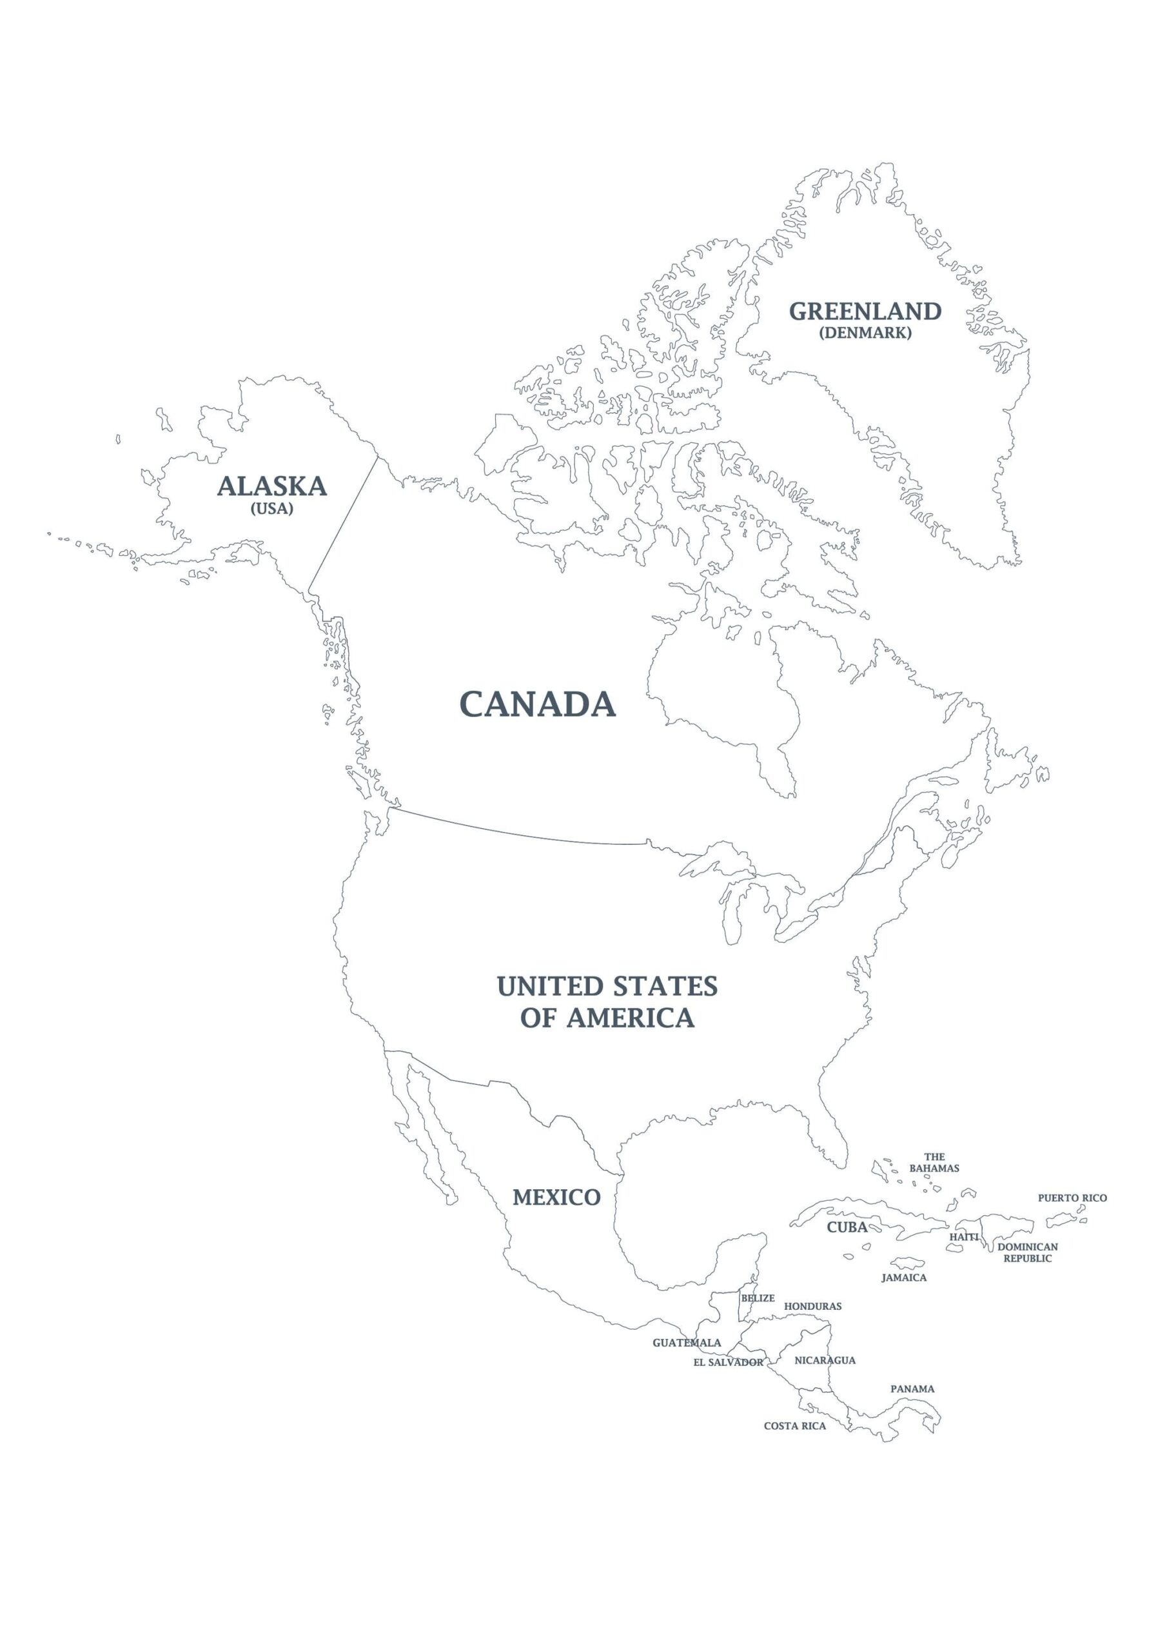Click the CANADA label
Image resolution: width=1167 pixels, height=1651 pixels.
coord(537,704)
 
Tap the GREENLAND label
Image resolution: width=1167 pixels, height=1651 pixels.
coord(865,311)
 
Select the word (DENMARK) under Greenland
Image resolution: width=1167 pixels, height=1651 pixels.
coord(865,333)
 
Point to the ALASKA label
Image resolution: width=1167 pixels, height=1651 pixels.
coord(272,486)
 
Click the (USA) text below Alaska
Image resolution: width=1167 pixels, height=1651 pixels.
coord(272,508)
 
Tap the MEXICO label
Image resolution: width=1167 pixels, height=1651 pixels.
coord(556,1197)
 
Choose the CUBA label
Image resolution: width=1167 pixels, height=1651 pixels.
coord(847,1227)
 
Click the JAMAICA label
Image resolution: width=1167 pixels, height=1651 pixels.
coord(904,1277)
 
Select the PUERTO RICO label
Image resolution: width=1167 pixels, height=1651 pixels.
coord(1072,1198)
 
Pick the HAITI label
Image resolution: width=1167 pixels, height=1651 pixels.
coord(963,1236)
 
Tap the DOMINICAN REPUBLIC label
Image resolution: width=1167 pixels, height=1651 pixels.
coord(1028,1252)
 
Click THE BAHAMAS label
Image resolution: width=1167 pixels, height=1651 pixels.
coord(934,1163)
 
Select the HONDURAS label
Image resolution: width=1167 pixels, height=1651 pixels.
coord(812,1306)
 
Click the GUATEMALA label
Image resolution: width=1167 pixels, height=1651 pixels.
coord(687,1343)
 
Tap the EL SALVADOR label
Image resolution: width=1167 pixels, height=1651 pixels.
coord(728,1362)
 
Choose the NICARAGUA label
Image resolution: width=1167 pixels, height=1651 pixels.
coord(825,1359)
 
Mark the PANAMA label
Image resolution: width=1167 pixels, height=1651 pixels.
coord(912,1389)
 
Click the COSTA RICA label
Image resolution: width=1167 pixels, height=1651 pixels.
coord(794,1425)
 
